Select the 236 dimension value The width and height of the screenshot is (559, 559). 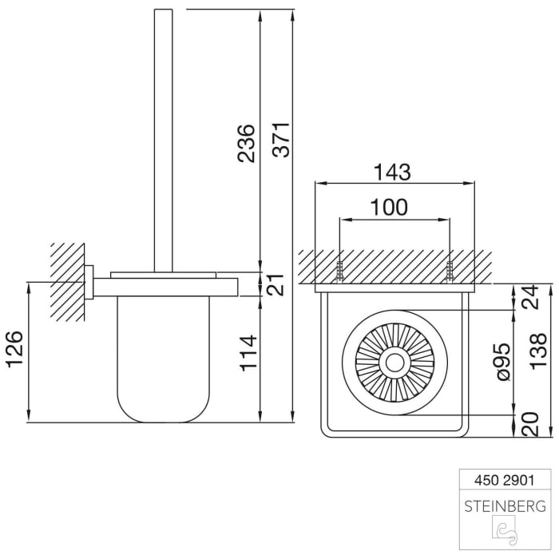pyautogui.click(x=247, y=144)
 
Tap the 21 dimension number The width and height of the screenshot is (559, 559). pyautogui.click(x=275, y=284)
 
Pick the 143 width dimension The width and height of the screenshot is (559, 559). pyautogui.click(x=392, y=172)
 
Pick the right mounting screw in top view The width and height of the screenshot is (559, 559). pyautogui.click(x=450, y=272)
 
